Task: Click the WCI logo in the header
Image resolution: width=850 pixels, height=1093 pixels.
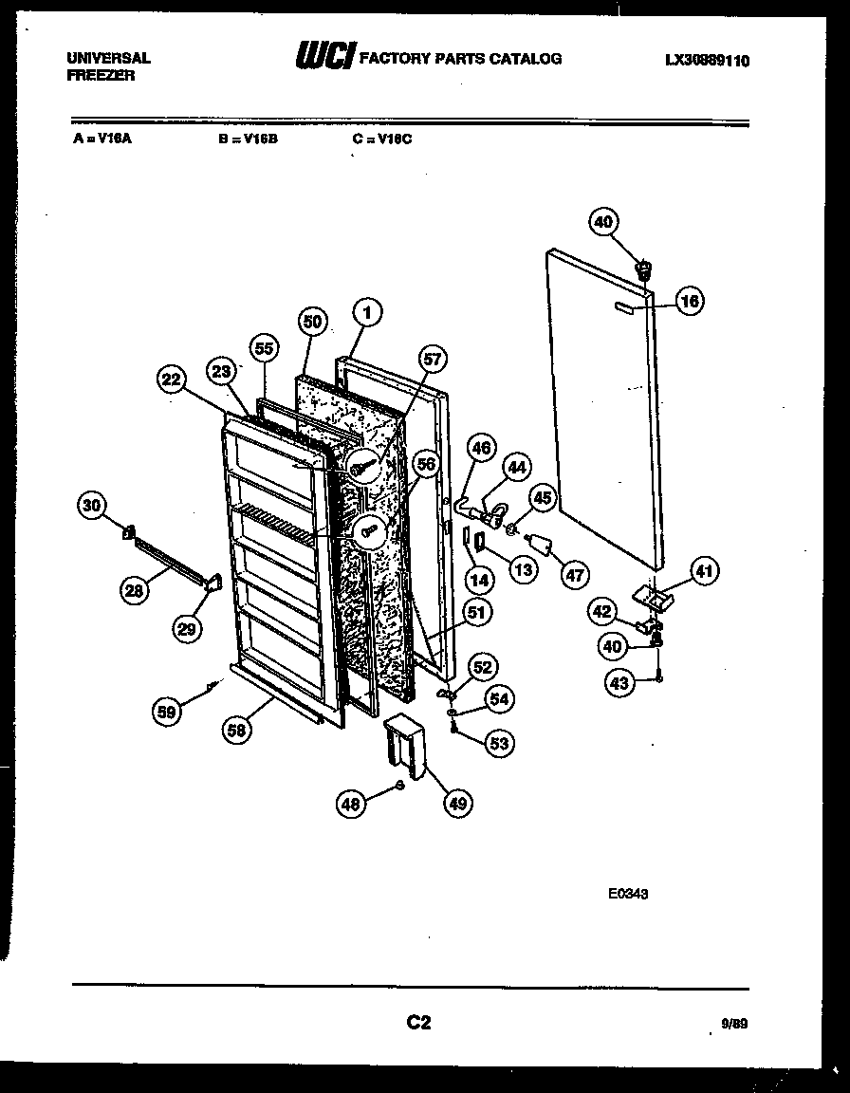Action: [x=325, y=58]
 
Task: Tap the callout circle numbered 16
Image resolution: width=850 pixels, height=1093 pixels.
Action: [x=690, y=302]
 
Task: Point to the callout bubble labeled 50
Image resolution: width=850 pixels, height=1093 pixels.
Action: [x=312, y=322]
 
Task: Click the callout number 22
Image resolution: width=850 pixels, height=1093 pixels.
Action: [x=172, y=380]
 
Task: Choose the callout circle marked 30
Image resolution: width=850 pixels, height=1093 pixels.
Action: [x=92, y=506]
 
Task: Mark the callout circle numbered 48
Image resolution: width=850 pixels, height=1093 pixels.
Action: [x=352, y=804]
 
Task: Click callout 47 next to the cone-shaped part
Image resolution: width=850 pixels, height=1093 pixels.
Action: [x=575, y=573]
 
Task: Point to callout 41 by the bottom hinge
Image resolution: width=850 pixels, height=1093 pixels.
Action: [x=704, y=571]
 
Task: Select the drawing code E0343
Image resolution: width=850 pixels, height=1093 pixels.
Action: [x=628, y=892]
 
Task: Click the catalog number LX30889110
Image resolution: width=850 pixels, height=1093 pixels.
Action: [x=707, y=60]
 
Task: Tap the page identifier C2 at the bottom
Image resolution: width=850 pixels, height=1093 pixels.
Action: [x=418, y=1022]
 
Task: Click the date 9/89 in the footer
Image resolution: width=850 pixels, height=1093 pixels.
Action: [x=734, y=1025]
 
